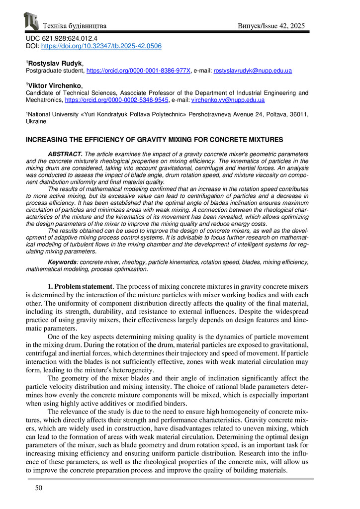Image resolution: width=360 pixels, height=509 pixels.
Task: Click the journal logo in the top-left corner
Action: tap(31, 21)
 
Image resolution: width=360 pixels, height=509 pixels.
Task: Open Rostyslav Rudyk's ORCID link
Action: tap(138, 71)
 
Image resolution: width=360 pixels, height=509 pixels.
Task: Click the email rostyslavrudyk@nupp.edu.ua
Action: tap(253, 71)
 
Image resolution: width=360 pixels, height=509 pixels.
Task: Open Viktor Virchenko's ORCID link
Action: tap(117, 100)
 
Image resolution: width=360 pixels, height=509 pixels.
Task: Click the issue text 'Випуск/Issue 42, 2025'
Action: tap(271, 25)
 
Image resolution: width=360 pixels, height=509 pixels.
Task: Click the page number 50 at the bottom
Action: tap(38, 488)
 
